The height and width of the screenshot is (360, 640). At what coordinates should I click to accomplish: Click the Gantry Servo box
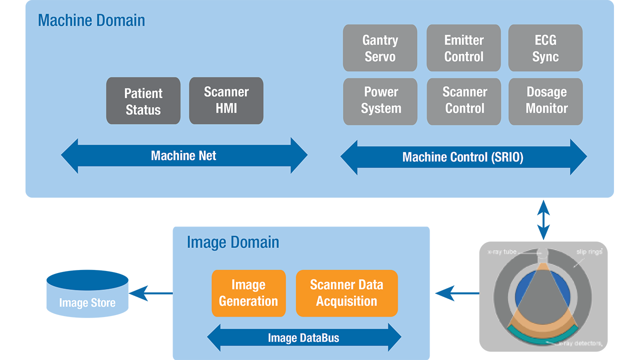[380, 48]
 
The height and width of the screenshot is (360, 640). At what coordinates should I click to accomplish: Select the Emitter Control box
[463, 48]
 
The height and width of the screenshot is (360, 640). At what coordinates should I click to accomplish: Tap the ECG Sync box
[545, 48]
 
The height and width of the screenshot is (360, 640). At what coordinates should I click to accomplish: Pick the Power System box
[380, 100]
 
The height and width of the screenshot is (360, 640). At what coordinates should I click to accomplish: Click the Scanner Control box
[463, 100]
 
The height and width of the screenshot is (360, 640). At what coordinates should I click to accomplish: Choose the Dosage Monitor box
[545, 100]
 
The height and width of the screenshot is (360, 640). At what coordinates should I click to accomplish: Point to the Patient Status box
[143, 101]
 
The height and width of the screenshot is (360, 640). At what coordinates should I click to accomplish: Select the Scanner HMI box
[226, 100]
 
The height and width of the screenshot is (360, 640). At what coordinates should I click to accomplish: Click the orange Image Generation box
[248, 293]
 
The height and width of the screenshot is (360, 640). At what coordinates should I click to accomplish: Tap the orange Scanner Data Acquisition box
[346, 293]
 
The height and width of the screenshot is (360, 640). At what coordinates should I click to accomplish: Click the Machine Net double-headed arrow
[183, 156]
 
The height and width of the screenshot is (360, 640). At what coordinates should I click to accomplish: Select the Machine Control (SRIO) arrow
[463, 157]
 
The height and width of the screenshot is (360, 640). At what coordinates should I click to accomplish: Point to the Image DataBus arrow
[303, 338]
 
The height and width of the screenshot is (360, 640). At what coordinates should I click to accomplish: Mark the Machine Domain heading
[91, 20]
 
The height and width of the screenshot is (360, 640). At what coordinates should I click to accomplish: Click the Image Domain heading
[232, 242]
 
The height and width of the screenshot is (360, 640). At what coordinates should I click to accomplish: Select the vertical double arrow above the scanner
[543, 219]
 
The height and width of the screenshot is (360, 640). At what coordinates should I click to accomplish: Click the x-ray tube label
[503, 252]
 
